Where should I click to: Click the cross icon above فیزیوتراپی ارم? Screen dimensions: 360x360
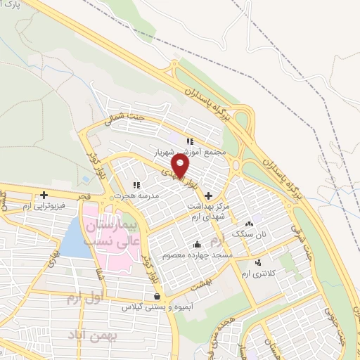44,195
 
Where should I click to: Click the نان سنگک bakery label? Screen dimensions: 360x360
252,232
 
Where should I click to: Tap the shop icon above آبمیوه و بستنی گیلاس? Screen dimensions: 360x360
165,296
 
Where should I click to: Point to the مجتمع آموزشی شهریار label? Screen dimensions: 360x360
190,152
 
